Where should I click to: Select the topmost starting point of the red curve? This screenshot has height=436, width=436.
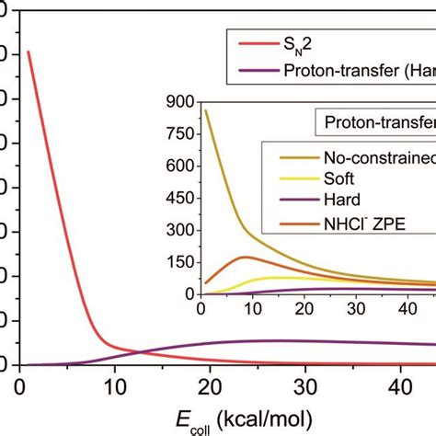coord(28,52)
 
